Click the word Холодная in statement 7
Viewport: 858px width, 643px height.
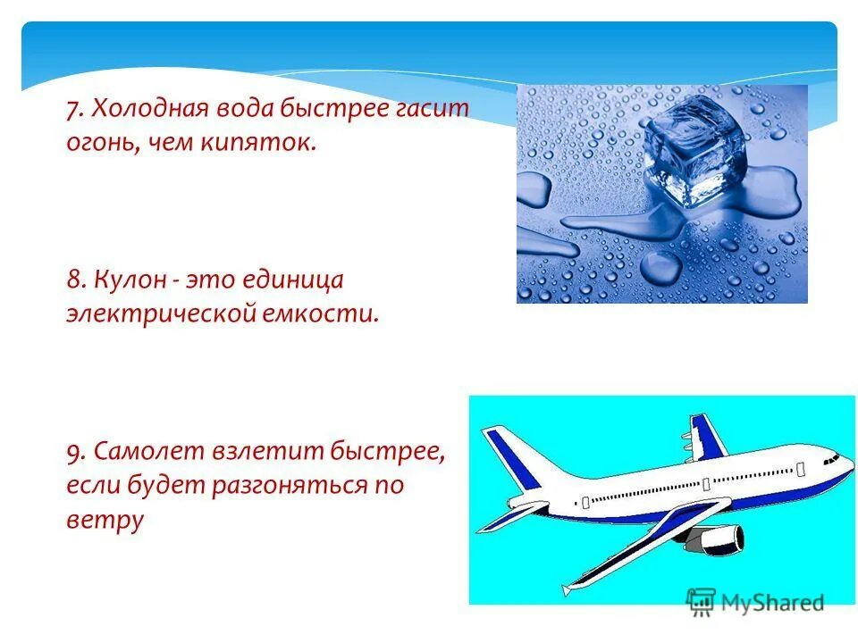(x=144, y=110)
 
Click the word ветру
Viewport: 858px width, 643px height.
(x=105, y=520)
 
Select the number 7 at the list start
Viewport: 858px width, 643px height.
(x=72, y=110)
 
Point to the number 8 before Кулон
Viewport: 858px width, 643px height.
(x=72, y=280)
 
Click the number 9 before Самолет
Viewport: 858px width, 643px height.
(x=72, y=452)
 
